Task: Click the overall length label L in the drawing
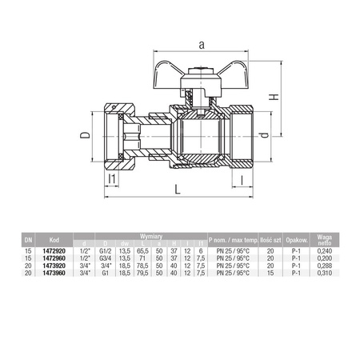[x=175, y=190]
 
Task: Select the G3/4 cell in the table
[x=104, y=258]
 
